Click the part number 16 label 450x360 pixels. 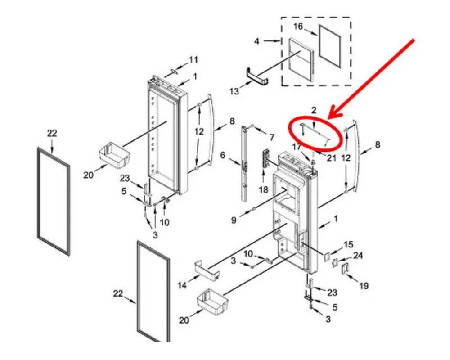tap(298, 27)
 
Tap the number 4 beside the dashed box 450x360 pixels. tap(256, 41)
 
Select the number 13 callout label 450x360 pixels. tap(234, 92)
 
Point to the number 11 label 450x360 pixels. tap(193, 60)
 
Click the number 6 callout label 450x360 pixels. tap(223, 155)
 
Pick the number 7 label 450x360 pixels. tap(271, 138)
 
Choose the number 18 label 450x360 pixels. tap(263, 189)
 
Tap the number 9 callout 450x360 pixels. tap(234, 220)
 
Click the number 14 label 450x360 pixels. tap(182, 285)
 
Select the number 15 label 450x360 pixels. tap(348, 245)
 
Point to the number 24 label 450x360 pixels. tap(358, 255)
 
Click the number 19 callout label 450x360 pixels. tap(364, 286)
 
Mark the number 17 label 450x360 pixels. tap(297, 147)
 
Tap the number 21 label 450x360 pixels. tap(332, 157)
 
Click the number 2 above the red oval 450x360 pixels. tap(314, 110)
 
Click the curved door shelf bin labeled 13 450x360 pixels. tap(257, 76)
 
